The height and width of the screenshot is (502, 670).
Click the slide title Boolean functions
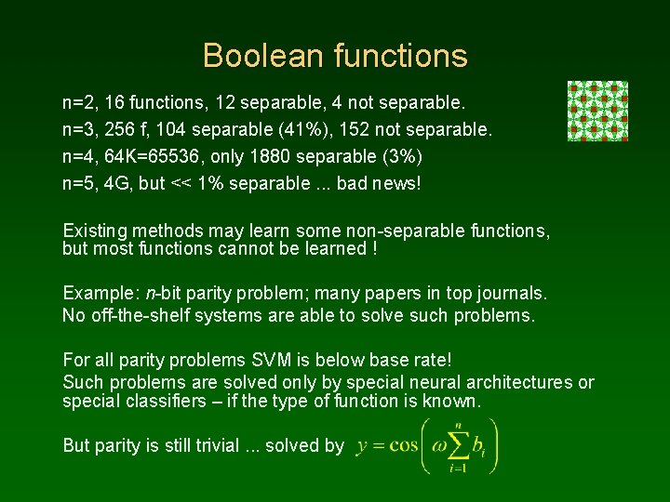(335, 56)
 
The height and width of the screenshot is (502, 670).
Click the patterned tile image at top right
(597, 111)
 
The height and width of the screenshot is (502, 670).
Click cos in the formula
(404, 445)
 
